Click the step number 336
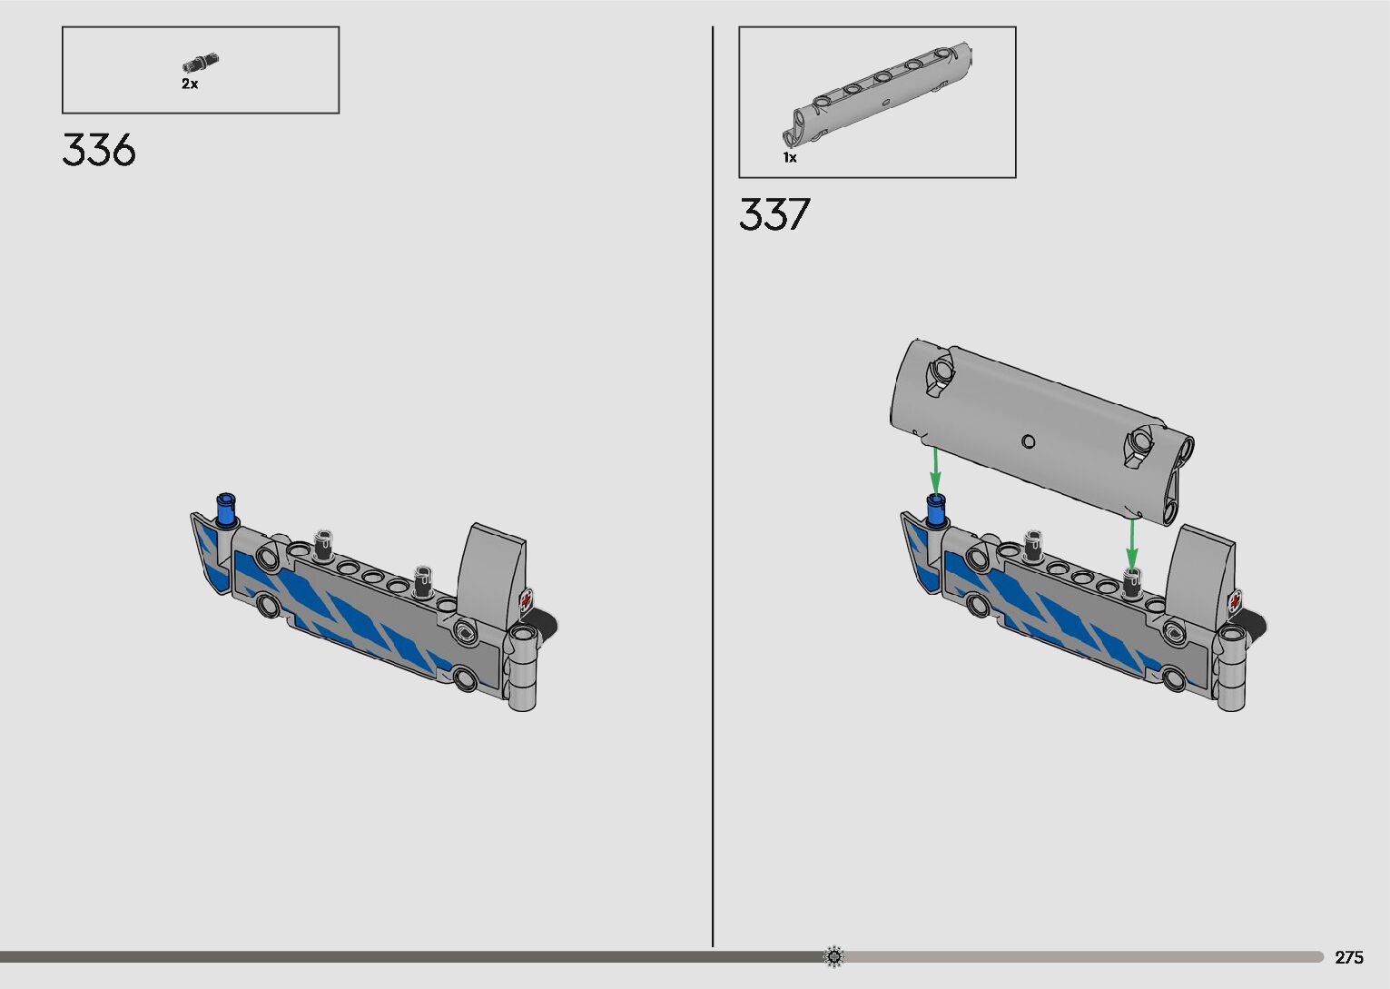[99, 150]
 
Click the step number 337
[774, 214]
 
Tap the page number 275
[1349, 957]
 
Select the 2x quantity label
[190, 84]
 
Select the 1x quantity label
[789, 158]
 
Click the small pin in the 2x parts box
[201, 62]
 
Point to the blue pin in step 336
[227, 509]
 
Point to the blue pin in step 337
[937, 510]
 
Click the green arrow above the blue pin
[935, 471]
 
